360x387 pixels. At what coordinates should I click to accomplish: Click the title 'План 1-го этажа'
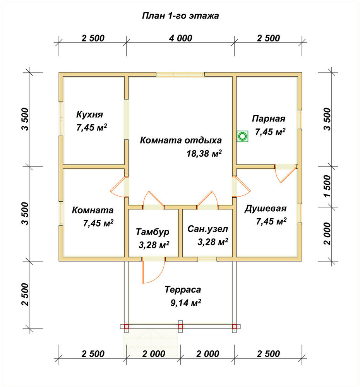click(180, 16)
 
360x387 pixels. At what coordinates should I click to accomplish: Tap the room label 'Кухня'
click(89, 115)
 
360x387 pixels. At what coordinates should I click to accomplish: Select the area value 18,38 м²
click(204, 154)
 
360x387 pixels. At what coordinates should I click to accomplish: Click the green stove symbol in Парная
click(242, 136)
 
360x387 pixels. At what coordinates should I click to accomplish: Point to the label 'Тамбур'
click(153, 232)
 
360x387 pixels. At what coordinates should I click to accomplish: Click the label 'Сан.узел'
click(207, 229)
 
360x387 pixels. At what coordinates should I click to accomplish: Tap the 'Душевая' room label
click(266, 209)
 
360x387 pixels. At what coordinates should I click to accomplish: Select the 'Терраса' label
click(183, 289)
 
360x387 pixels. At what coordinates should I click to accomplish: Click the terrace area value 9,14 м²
click(186, 303)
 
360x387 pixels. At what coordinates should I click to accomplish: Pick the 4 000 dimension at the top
click(180, 38)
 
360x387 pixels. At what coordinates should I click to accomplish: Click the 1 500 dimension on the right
click(327, 186)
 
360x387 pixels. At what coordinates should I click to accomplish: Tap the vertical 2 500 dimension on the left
click(25, 295)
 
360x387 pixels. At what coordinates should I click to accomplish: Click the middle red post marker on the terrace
click(180, 327)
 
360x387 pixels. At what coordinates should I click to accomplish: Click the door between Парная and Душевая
click(286, 173)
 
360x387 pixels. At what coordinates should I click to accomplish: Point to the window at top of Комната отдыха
click(180, 74)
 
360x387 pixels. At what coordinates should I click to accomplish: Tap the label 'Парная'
click(269, 119)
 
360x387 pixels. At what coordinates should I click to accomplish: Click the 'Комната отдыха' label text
click(181, 140)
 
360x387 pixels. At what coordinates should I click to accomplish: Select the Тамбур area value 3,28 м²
click(154, 245)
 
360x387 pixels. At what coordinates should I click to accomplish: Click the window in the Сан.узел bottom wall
click(207, 259)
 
